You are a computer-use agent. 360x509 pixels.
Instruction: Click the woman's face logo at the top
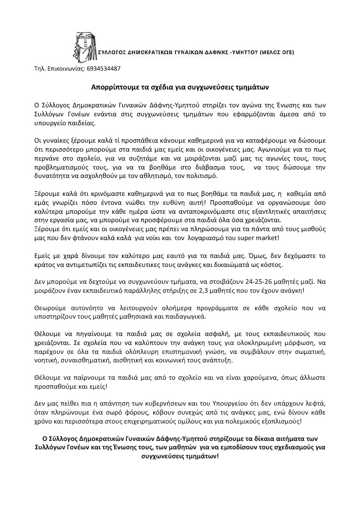pyautogui.click(x=82, y=41)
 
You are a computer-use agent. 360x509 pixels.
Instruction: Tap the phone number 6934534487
pyautogui.click(x=103, y=68)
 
